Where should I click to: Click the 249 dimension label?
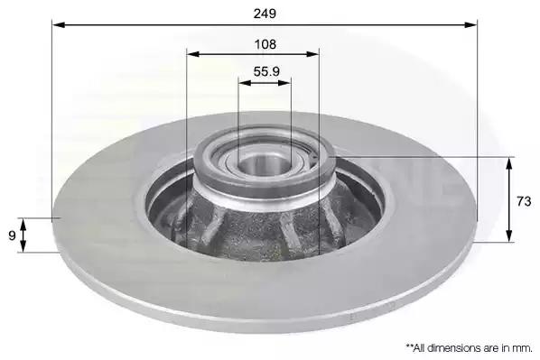pos(265,14)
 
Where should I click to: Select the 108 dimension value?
pos(265,44)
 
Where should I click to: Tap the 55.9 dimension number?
pos(266,71)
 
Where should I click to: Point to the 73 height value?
pos(524,201)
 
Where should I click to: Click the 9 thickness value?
pos(12,235)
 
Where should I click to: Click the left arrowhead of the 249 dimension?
pos(59,24)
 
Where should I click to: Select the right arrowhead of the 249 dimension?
pos(470,24)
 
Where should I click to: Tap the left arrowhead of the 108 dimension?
pos(193,54)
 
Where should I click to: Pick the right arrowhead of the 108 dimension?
pos(312,54)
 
